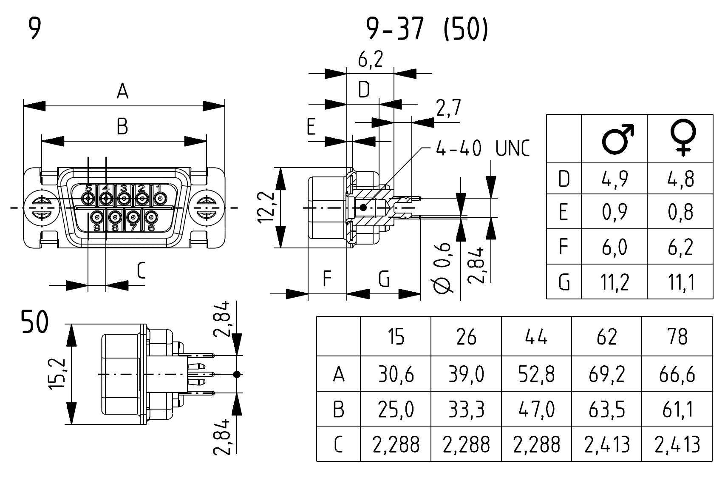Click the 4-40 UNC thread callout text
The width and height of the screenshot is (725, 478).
[x=483, y=148]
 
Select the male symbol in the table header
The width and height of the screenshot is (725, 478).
[x=617, y=139]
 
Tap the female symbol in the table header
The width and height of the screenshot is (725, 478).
[x=683, y=138]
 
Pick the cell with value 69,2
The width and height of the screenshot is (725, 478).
[x=607, y=374]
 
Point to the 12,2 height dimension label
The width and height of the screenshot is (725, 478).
[x=266, y=207]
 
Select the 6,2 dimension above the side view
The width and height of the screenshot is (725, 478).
[x=370, y=59]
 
